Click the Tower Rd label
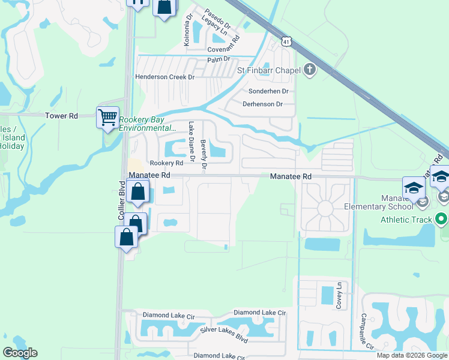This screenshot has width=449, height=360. (x=62, y=115)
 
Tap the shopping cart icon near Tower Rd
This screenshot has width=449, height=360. (x=107, y=117)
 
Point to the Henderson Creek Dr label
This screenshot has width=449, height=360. (x=165, y=77)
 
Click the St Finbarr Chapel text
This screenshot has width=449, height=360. (x=268, y=70)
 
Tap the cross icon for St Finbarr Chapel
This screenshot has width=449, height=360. (x=310, y=70)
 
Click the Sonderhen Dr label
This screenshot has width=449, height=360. (x=268, y=91)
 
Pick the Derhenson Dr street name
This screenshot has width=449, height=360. (x=262, y=104)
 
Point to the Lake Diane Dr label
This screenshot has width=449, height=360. (x=192, y=142)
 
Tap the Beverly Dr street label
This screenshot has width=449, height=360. (x=203, y=155)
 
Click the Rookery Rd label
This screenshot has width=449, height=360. (x=166, y=163)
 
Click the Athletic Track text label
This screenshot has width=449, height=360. (x=406, y=220)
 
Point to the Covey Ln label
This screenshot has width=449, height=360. (x=339, y=295)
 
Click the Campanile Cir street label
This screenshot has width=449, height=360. (x=367, y=331)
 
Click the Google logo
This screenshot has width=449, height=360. (x=20, y=353)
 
